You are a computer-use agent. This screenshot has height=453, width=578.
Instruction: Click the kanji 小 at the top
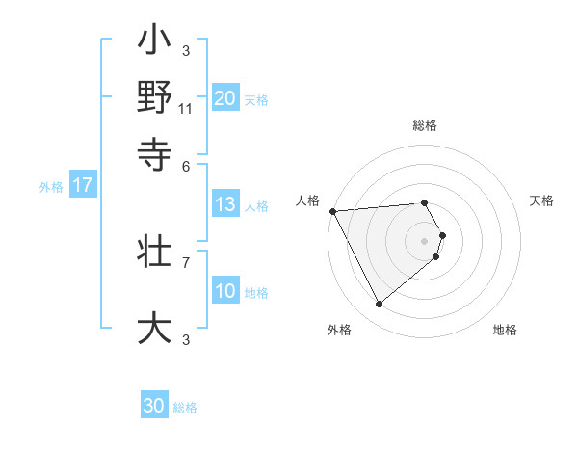coord(154,44)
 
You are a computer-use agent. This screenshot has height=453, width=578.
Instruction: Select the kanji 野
coord(154,98)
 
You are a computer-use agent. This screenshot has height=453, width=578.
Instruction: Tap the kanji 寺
coord(154,152)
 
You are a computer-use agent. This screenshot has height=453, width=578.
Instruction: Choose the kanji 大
coord(154,327)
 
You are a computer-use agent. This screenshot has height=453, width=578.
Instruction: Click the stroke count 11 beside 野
coord(186,109)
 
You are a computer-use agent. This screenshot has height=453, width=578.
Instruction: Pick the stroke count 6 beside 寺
coord(186,165)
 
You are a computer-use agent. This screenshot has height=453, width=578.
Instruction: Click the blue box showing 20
coord(225,97)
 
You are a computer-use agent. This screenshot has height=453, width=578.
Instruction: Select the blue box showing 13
coord(225,204)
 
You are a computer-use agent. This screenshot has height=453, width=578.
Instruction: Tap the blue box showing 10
coord(225,291)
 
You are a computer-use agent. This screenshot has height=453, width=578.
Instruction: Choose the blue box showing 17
coord(83,186)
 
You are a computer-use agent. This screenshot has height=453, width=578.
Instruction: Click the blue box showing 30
coord(154,406)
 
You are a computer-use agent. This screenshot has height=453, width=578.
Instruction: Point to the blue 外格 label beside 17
coord(50,187)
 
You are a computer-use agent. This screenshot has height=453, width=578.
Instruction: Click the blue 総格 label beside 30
coord(185,408)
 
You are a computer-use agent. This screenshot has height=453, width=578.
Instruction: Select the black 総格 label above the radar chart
coord(425,125)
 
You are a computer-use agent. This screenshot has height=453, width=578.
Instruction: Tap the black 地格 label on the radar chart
coord(505,330)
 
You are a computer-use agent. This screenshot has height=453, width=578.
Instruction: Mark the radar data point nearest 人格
coord(332,210)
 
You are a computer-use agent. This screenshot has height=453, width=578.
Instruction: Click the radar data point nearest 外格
coord(379,304)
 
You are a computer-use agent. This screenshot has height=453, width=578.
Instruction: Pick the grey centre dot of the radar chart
coord(425,240)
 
